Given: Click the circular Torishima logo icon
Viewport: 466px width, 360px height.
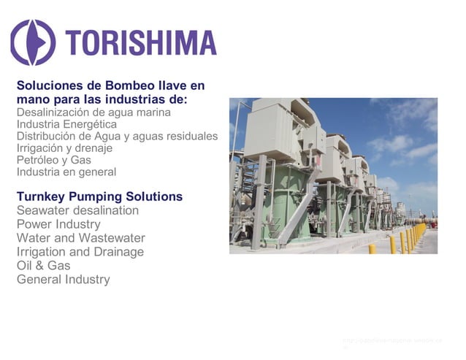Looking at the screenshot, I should click(32, 42).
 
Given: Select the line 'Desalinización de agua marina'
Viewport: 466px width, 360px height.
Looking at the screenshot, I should click(93, 112).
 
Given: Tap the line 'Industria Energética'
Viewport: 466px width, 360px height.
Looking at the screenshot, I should click(66, 124).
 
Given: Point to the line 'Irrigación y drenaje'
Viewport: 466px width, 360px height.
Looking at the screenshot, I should click(69, 148).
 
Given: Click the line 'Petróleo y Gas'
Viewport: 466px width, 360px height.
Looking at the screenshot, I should click(54, 160).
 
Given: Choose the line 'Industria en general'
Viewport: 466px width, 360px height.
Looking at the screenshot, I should click(66, 172).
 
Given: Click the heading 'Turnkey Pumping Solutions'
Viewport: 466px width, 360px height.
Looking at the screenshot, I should click(99, 197).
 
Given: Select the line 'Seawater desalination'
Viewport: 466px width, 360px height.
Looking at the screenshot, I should click(77, 210).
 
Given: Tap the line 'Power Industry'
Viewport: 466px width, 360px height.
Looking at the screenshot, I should click(58, 224).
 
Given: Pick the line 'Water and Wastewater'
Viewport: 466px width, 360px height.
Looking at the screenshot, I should click(80, 238).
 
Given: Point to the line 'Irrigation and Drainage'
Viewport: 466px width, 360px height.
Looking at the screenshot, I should click(80, 252).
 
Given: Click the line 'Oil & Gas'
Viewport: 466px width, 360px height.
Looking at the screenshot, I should click(44, 266).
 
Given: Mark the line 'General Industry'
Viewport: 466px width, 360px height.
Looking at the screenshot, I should click(64, 280).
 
